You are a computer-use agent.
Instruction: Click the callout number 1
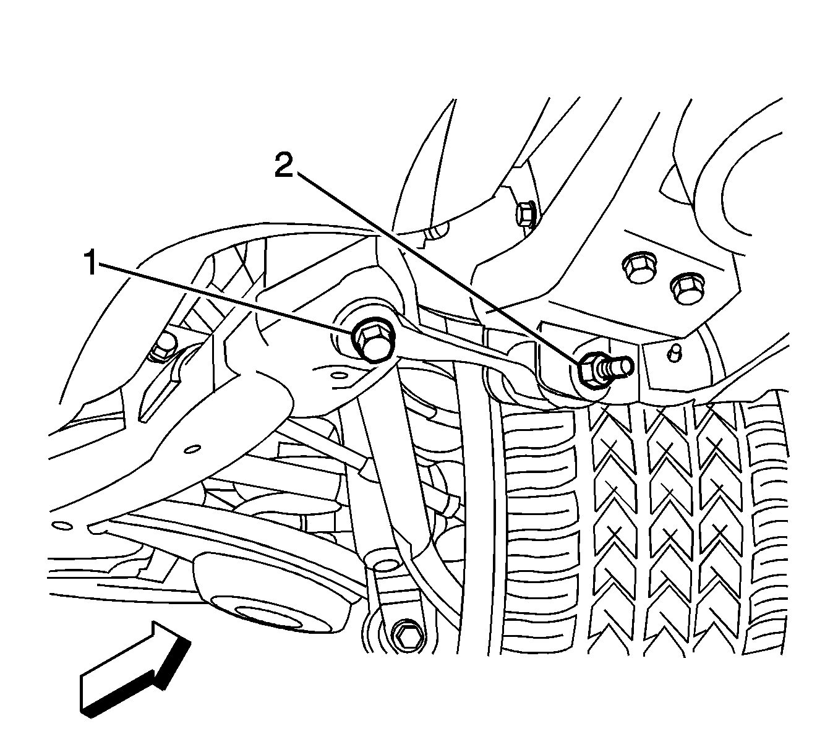click(92, 262)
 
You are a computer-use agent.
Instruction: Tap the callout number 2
click(284, 164)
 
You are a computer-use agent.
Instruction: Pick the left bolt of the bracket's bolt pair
click(638, 268)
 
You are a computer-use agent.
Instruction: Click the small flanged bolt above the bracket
click(526, 214)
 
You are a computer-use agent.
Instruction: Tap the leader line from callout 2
click(437, 268)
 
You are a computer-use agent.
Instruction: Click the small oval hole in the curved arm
click(193, 450)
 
